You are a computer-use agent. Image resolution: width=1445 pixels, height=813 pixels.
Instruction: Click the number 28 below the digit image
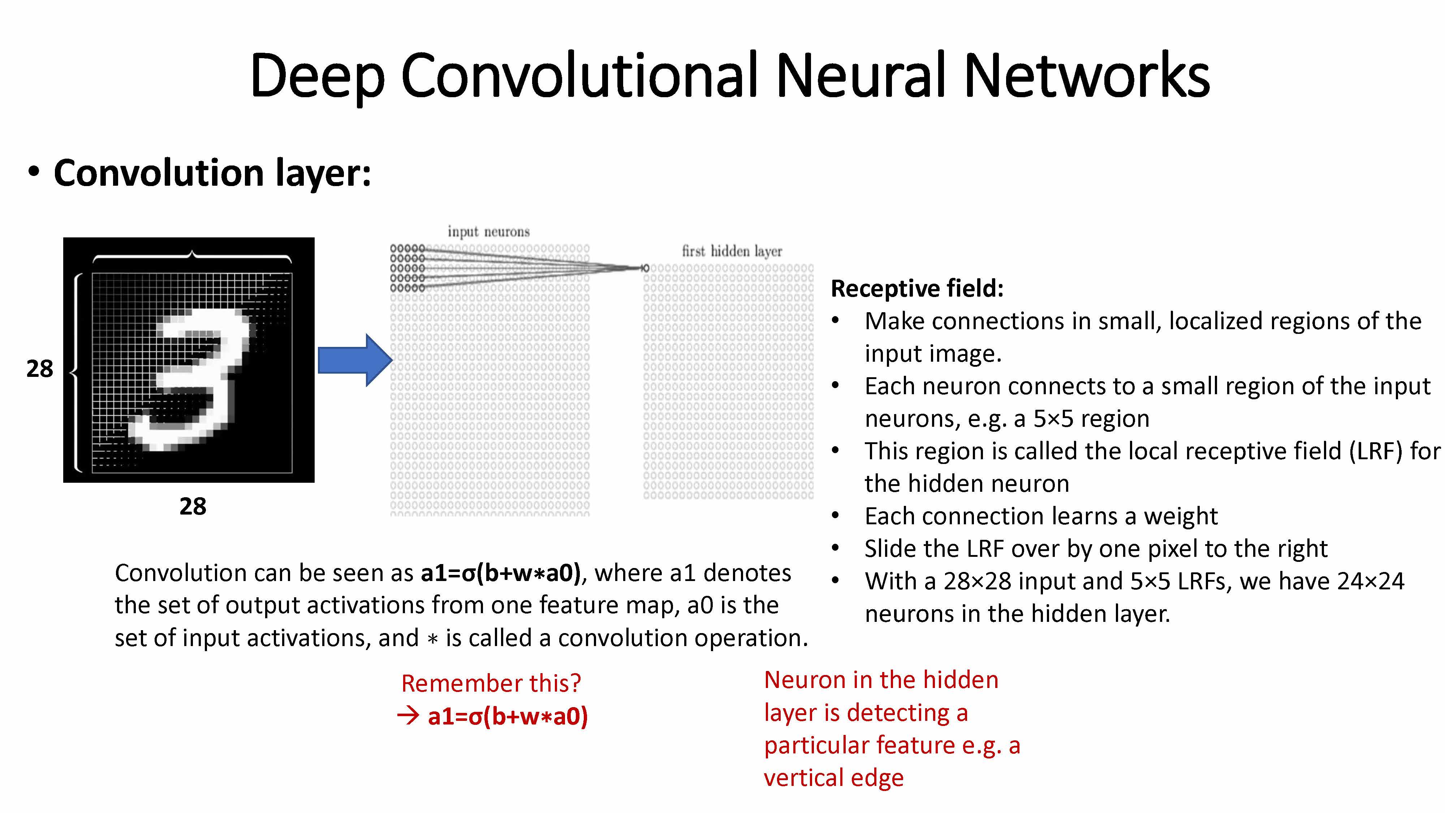pos(193,507)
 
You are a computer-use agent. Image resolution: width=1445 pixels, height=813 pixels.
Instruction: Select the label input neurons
pos(488,232)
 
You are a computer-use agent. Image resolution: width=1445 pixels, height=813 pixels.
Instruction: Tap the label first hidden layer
pos(732,251)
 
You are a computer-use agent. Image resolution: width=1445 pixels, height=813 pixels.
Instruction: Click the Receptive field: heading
pos(916,288)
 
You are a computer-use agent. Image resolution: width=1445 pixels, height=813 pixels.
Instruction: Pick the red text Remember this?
pos(491,683)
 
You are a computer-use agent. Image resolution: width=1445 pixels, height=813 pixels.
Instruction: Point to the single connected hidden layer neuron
pos(646,268)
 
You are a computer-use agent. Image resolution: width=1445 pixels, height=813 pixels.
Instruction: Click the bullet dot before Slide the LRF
pos(835,548)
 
